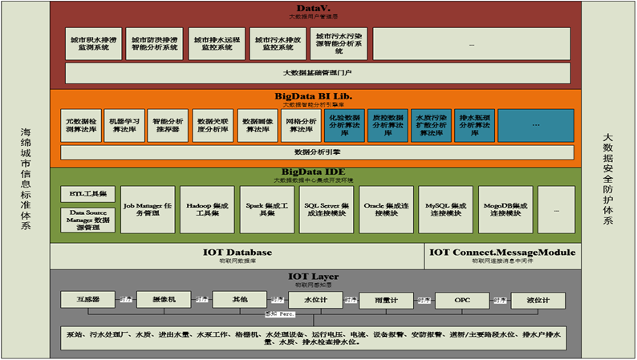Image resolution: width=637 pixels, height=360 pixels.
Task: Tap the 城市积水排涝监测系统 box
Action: tap(91, 43)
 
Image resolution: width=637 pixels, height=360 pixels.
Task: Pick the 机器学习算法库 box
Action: tap(123, 126)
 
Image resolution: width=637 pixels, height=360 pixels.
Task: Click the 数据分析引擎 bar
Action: tap(317, 152)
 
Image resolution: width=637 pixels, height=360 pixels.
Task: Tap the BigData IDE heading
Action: tap(313, 172)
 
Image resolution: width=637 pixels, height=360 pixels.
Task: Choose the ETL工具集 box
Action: tap(88, 193)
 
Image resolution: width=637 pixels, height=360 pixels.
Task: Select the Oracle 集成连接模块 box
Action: tap(386, 209)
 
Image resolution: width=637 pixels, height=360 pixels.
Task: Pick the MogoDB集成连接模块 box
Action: tap(505, 209)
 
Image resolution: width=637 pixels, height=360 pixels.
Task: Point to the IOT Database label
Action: tap(237, 253)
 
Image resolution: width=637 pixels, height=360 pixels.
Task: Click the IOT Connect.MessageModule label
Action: tap(501, 253)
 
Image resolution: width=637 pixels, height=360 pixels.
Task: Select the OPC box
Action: tap(462, 300)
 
